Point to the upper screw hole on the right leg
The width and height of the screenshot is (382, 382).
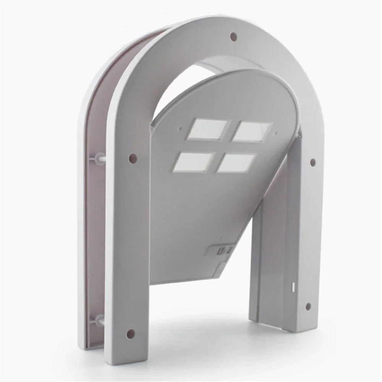pyautogui.click(x=313, y=162)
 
